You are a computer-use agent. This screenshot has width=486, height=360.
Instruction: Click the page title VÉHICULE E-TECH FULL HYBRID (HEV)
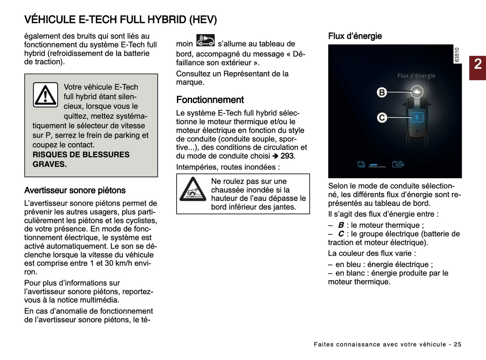tap(120, 20)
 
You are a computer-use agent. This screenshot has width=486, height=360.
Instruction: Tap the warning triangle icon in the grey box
tap(45, 95)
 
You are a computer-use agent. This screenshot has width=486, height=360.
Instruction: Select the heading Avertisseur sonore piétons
tap(75, 190)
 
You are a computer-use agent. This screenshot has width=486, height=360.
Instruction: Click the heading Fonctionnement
tap(210, 100)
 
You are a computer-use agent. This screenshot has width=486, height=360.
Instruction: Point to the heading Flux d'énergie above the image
tap(355, 36)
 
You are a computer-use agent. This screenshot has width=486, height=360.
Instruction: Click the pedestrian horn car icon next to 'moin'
tap(205, 40)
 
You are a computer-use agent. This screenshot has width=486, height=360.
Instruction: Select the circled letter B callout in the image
tap(382, 92)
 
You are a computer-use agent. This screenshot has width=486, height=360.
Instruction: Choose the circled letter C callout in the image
tap(382, 118)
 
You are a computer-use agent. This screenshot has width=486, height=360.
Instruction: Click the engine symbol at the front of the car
tap(417, 92)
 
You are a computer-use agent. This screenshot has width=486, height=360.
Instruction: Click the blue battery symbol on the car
tap(417, 117)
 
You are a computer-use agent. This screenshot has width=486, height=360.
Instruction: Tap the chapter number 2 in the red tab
tap(478, 64)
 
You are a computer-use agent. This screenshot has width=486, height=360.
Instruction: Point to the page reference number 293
tap(287, 156)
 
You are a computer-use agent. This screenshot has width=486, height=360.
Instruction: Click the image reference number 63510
tap(457, 55)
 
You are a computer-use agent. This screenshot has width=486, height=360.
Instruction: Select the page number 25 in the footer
tap(457, 344)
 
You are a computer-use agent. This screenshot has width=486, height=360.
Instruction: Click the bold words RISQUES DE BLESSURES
tap(81, 155)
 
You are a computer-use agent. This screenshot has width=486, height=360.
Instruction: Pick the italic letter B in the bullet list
tap(341, 225)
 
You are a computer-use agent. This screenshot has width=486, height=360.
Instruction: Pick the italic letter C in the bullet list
tap(341, 234)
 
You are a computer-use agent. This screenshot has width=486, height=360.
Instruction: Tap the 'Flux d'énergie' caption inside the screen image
tap(416, 76)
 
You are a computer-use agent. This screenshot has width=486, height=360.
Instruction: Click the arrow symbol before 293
tap(275, 156)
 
